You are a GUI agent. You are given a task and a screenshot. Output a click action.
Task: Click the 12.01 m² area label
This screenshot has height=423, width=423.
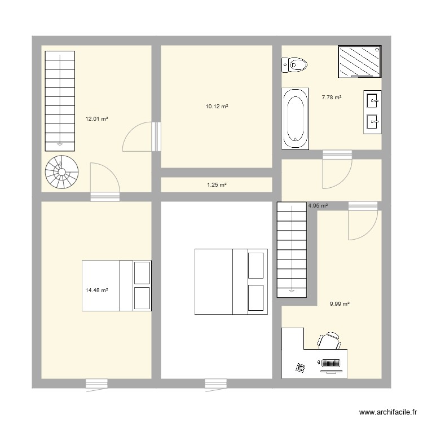[96, 118]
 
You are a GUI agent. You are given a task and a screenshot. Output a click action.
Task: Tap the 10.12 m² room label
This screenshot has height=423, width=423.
[217, 107]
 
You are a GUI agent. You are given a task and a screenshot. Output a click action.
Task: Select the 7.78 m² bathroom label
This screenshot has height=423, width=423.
[332, 98]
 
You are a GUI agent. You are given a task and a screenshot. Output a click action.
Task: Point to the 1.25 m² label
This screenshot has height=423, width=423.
[217, 185]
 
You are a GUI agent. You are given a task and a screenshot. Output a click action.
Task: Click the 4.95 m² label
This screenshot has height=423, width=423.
[318, 205]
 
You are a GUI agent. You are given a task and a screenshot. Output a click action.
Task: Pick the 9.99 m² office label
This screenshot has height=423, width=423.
[340, 304]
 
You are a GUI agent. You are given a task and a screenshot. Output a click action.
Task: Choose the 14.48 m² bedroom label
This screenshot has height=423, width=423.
[96, 290]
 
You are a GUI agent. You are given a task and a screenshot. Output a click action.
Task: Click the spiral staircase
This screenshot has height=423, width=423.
[62, 172]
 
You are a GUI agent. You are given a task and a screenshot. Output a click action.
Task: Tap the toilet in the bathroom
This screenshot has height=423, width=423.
[294, 65]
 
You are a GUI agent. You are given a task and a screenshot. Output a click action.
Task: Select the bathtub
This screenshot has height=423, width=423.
[295, 118]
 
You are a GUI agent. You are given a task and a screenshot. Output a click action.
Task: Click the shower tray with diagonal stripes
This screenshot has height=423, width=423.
[360, 61]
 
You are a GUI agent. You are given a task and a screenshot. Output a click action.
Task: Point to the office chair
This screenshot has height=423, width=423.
[329, 341]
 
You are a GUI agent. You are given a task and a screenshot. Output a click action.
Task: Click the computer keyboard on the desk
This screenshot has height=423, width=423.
[331, 363]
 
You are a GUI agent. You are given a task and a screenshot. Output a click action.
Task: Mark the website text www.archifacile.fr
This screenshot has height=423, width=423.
[388, 412]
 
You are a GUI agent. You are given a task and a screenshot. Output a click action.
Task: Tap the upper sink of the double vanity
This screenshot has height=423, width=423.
[373, 100]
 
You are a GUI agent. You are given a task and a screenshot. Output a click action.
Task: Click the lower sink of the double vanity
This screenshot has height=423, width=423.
[373, 122]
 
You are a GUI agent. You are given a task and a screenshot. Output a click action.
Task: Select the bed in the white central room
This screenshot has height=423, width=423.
[231, 281]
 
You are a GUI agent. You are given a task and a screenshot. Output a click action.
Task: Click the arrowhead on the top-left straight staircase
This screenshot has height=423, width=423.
[60, 144]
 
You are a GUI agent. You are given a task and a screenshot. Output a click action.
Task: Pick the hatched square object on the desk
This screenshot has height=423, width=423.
[301, 367]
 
